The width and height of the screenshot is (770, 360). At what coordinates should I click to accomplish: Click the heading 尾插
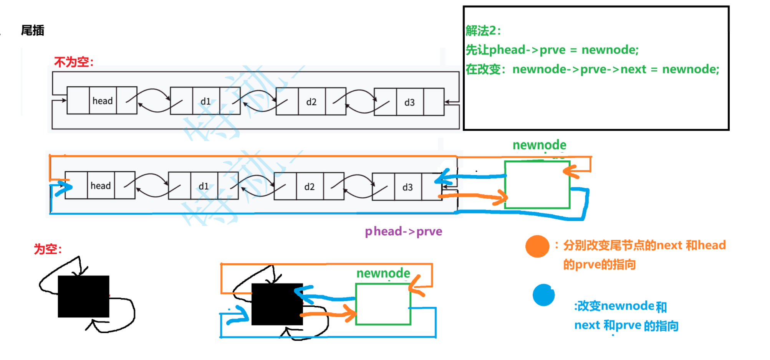pyautogui.click(x=33, y=30)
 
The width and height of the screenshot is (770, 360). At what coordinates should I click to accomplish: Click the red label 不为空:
pyautogui.click(x=74, y=62)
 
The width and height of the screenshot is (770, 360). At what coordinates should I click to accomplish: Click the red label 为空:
pyautogui.click(x=48, y=249)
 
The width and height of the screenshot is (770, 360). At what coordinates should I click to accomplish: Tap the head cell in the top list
pyautogui.click(x=103, y=101)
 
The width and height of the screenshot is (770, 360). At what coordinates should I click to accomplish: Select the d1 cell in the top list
pyautogui.click(x=206, y=101)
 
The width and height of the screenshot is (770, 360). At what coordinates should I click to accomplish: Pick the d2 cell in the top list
pyautogui.click(x=311, y=102)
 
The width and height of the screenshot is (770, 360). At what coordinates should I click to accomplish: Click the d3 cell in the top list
pyautogui.click(x=409, y=102)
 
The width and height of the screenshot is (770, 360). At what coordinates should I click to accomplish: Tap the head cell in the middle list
pyautogui.click(x=101, y=186)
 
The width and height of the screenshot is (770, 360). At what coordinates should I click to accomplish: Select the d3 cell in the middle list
pyautogui.click(x=407, y=187)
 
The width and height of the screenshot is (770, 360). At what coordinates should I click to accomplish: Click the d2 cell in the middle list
pyautogui.click(x=310, y=187)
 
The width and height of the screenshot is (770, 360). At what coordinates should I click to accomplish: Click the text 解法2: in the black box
pyautogui.click(x=483, y=31)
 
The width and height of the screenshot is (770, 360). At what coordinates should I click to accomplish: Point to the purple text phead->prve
pyautogui.click(x=403, y=231)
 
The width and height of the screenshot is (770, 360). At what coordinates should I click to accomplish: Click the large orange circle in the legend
pyautogui.click(x=537, y=246)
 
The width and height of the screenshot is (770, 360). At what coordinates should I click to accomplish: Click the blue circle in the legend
pyautogui.click(x=543, y=295)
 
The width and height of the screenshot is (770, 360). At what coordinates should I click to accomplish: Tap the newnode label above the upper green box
pyautogui.click(x=539, y=145)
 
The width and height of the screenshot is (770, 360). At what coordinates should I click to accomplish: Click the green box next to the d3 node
pyautogui.click(x=537, y=185)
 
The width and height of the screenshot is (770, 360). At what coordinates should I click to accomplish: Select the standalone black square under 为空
pyautogui.click(x=83, y=296)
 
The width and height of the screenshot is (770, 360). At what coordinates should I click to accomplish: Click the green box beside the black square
pyautogui.click(x=383, y=304)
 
